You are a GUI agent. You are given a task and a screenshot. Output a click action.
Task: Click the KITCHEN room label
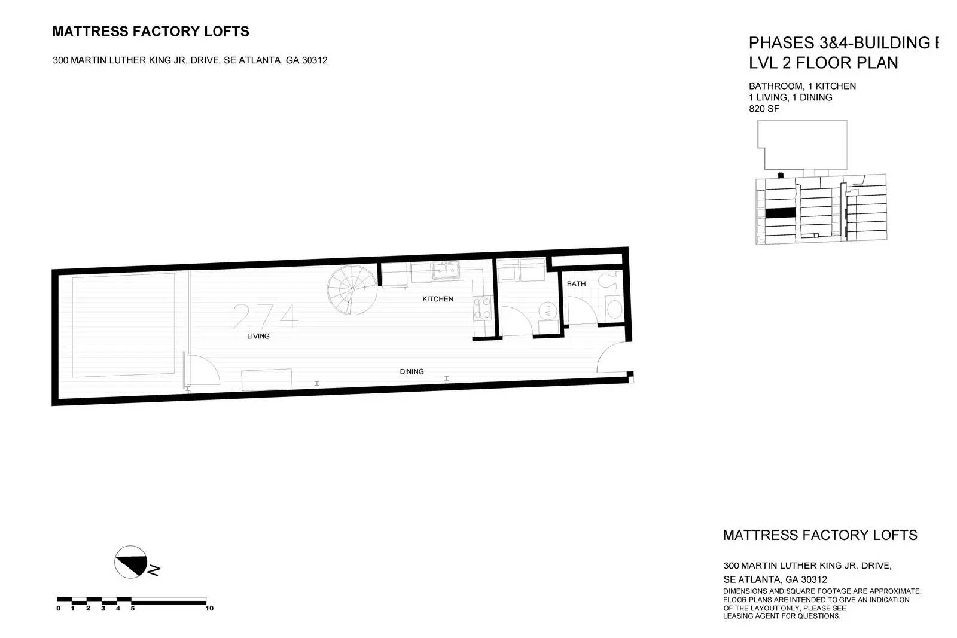pos(437,299)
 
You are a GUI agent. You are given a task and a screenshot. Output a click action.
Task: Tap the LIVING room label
pos(258,336)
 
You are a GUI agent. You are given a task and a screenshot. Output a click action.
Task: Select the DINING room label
pos(412,371)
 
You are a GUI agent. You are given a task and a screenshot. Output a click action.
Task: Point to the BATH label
pos(576,284)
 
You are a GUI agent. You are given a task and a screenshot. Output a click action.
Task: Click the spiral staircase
pos(352,290)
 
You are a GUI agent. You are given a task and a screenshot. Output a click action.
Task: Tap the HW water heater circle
pos(547,310)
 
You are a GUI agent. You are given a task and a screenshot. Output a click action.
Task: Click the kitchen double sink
pos(446,271)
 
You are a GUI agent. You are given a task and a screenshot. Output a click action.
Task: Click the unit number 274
pos(265,316)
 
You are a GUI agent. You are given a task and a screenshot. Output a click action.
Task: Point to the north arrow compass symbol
pos(131,562)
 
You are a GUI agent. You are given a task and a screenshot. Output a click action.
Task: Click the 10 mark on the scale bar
pos(209,608)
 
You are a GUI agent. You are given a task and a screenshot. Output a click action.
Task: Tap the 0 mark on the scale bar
pos(58,608)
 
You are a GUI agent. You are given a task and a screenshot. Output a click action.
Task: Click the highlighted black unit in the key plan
pos(780,213)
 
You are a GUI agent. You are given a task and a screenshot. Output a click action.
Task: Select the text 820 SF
pos(764,109)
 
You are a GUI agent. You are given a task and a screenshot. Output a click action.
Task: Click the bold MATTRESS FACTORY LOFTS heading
pos(150,32)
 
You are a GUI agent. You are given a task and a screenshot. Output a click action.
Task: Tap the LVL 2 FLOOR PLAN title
pos(823,63)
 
